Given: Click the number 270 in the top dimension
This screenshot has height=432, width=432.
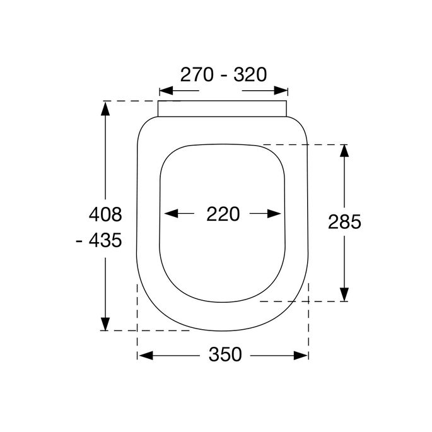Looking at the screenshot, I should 198,74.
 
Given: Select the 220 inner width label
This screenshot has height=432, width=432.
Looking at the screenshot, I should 223,214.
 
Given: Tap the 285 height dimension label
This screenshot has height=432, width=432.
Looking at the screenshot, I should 344,222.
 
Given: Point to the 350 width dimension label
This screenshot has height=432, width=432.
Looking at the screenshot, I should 225,355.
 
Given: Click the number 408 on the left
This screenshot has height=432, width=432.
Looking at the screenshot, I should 105,214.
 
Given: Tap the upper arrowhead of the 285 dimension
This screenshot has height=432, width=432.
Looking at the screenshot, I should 344,151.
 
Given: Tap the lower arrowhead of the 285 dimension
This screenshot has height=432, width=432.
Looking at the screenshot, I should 344,295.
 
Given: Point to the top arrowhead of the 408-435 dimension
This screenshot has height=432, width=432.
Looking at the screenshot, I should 105,108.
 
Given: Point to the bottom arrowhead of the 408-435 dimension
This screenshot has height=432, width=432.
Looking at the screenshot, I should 105,323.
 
